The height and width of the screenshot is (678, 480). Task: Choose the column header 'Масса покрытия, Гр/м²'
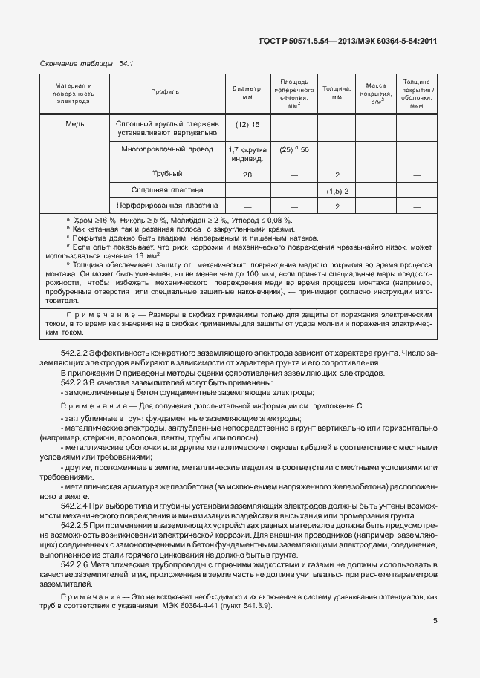click(370, 93)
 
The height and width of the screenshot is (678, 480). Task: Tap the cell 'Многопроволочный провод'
click(166, 149)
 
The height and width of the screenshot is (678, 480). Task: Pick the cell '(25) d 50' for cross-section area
click(293, 149)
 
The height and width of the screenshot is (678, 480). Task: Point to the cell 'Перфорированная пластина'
click(166, 206)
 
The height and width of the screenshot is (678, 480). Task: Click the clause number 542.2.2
click(74, 353)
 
